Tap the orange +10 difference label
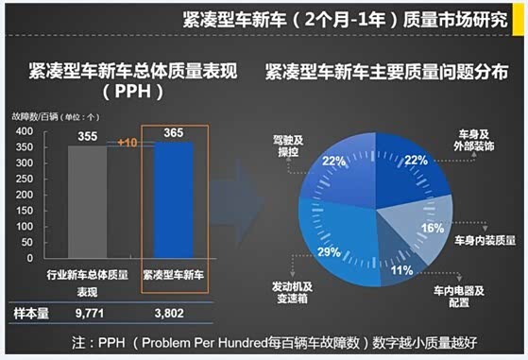pyautogui.click(x=130, y=142)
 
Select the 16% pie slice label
pyautogui.click(x=433, y=228)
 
